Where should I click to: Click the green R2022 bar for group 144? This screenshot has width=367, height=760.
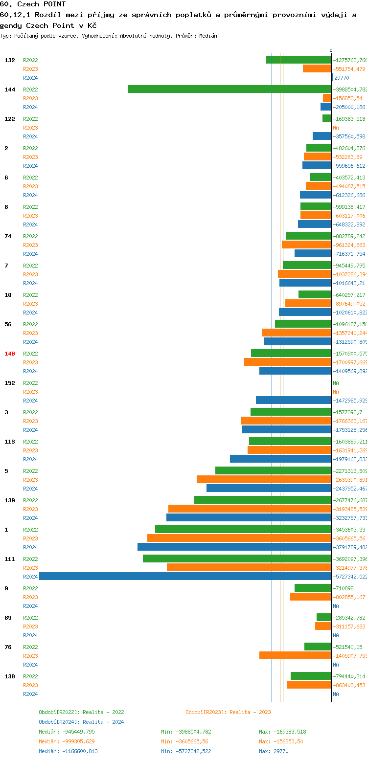click(229, 89)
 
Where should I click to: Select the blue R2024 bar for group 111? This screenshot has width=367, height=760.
click(185, 576)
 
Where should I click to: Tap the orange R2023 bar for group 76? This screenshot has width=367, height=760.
click(295, 655)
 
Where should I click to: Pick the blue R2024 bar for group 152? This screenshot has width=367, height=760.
click(293, 400)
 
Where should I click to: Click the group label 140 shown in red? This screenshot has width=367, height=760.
click(10, 354)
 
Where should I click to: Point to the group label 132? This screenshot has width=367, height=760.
click(10, 60)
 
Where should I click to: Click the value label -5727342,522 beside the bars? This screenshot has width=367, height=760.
click(349, 577)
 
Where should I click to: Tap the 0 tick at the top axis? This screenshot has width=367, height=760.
click(331, 50)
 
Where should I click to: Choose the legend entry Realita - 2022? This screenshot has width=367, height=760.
click(81, 712)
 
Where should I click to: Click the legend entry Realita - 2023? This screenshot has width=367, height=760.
click(228, 712)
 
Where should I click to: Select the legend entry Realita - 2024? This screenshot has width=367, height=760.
click(81, 722)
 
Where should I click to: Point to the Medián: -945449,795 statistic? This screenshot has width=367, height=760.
click(67, 732)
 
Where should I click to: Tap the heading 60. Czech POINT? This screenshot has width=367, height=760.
click(33, 4)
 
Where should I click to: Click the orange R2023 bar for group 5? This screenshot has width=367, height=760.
click(264, 479)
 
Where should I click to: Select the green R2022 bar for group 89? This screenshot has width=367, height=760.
click(323, 617)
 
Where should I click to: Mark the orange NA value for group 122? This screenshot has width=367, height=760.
click(336, 128)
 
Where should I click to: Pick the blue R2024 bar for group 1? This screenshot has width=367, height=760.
click(234, 547)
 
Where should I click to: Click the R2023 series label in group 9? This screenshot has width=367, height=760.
click(30, 597)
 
